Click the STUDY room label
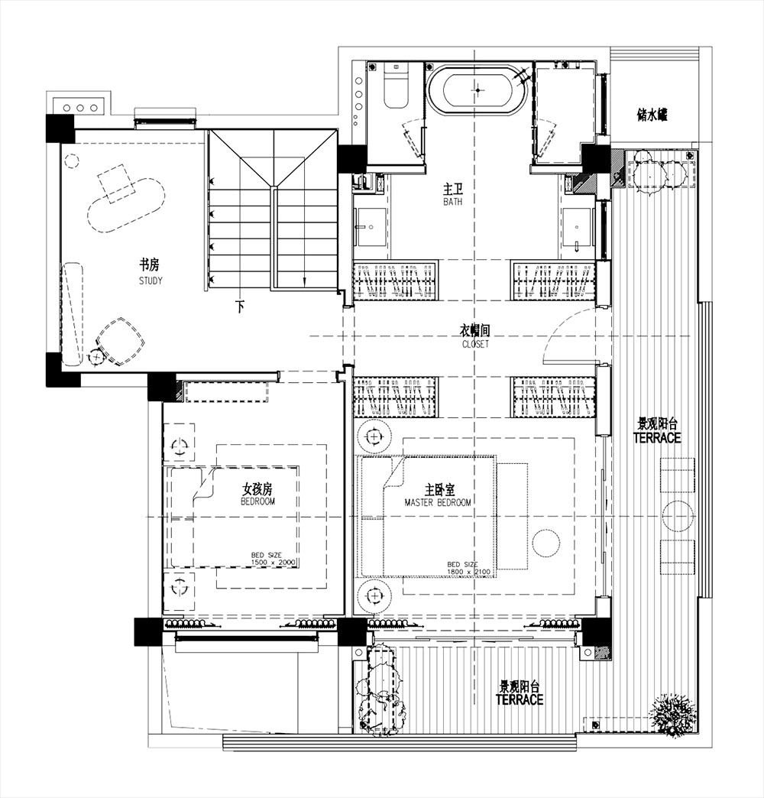click(151, 281)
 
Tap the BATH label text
click(453, 202)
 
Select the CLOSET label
click(476, 344)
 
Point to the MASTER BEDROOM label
click(438, 503)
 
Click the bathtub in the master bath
click(477, 89)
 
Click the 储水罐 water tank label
click(652, 115)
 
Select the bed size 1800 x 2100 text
click(468, 568)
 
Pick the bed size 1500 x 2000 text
click(274, 559)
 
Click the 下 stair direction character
click(240, 307)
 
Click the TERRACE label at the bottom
click(520, 699)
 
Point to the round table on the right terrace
click(678, 515)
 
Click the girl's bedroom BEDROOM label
click(258, 501)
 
